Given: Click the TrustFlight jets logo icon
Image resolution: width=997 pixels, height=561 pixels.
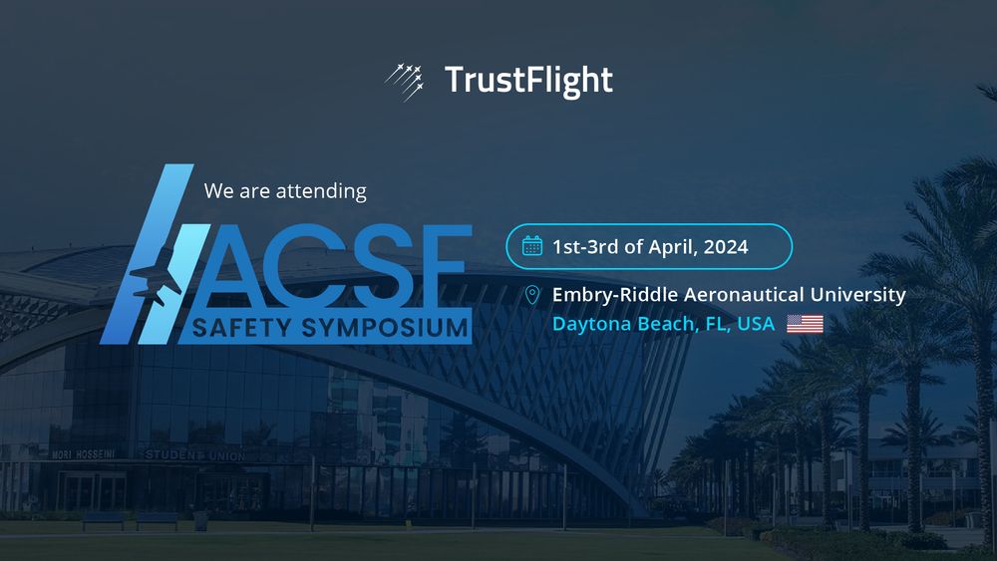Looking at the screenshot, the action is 405,82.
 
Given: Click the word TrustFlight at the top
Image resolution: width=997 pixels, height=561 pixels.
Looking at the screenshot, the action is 528,80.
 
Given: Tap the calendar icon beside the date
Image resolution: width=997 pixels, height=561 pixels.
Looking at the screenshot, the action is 532,246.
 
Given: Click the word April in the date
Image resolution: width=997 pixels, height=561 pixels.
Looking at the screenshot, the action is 673,247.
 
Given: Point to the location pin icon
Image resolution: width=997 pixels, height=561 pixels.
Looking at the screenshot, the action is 532,295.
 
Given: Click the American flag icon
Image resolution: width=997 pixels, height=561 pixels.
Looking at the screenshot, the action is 805,324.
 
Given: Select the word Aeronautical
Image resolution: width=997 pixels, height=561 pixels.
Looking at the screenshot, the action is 744,295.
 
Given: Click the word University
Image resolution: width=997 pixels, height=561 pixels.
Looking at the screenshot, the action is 857,295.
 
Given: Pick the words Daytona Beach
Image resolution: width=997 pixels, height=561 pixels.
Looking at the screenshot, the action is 626,324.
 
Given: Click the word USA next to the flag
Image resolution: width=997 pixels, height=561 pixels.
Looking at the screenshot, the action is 756,324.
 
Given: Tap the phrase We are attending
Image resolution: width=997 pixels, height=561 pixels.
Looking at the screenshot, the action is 285,191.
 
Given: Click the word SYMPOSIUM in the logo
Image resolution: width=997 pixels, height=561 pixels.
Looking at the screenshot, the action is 385,328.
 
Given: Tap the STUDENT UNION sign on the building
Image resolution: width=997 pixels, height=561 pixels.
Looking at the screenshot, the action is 194,455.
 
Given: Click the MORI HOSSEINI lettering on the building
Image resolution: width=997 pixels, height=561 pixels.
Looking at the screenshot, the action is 84,454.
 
